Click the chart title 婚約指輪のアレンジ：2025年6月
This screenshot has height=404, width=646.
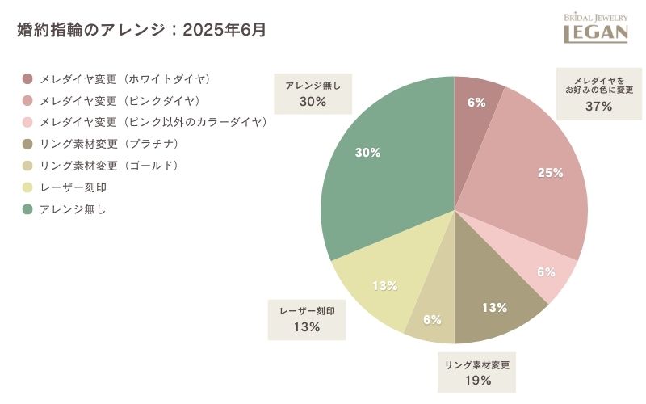point(141,31)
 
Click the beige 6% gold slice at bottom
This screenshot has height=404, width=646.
point(432,320)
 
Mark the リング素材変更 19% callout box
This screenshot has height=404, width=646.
point(478,372)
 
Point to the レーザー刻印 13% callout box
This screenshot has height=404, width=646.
point(307,319)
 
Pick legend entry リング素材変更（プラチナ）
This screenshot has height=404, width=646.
point(109,145)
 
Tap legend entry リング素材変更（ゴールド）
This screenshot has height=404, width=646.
point(109,166)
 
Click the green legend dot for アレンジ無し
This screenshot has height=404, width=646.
point(27,209)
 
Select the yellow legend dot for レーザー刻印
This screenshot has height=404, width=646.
point(27,187)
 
